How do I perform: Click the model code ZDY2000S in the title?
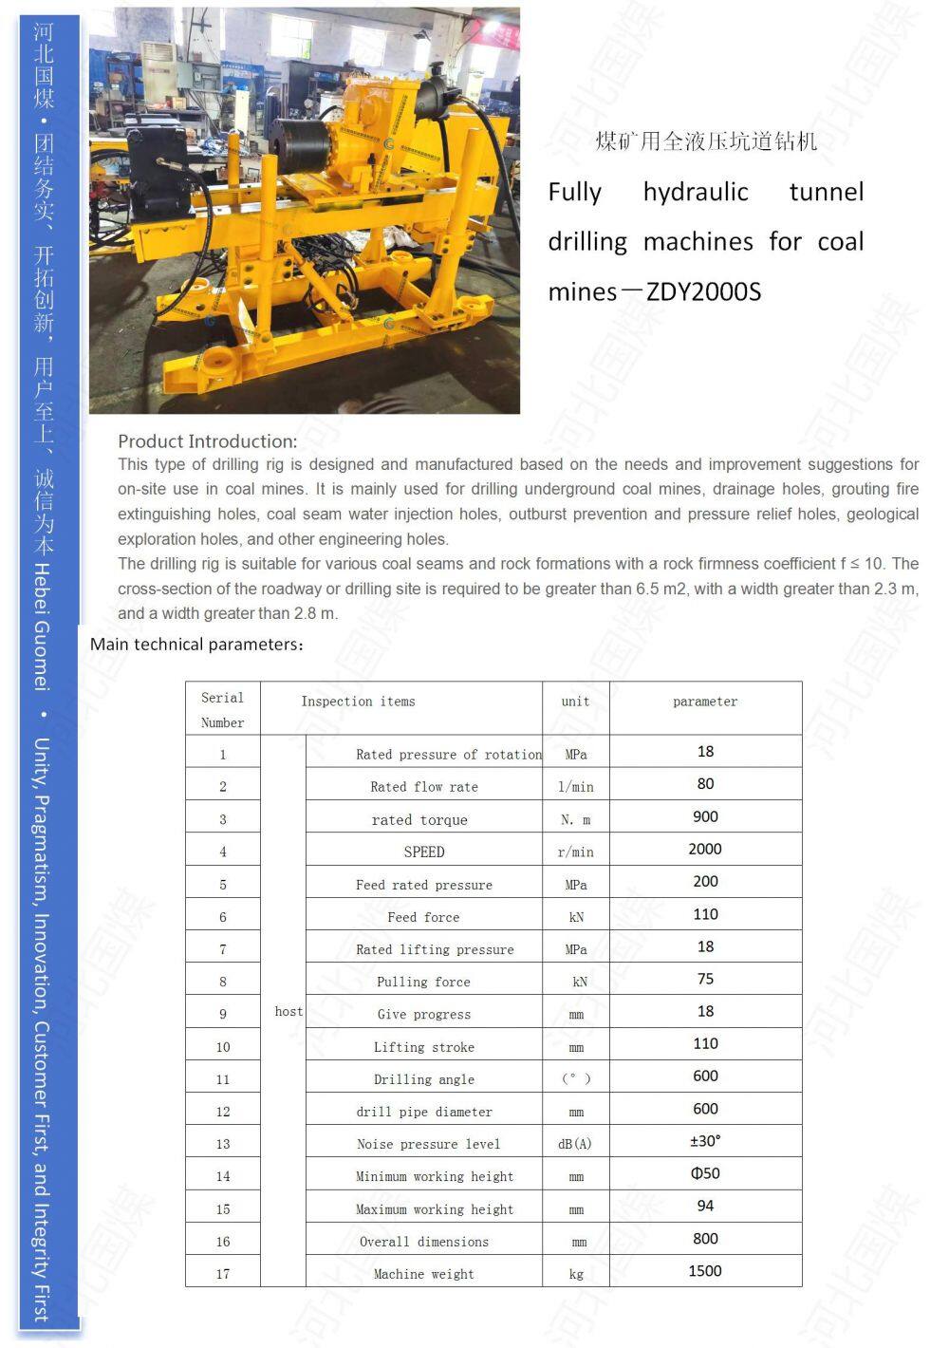point(703,291)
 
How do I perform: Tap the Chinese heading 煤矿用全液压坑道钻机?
point(706,142)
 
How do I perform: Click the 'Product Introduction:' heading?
point(207,441)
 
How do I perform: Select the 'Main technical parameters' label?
point(197,645)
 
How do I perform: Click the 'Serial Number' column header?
point(222,709)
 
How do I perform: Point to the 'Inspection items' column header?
point(358,702)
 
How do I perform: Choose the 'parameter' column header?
point(705,702)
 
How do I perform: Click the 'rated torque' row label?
point(419,820)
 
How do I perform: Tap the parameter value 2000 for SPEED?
point(705,849)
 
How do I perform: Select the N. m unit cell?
point(575,820)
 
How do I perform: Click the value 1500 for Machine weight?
point(705,1271)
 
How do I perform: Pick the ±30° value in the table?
point(705,1141)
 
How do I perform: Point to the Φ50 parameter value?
point(705,1173)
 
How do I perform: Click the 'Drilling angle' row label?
point(424,1079)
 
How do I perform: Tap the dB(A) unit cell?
point(575,1144)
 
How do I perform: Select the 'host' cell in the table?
point(288,1012)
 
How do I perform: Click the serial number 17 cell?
point(223,1274)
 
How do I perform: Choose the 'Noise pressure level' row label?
point(428,1144)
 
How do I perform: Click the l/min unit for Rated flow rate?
point(575,787)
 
